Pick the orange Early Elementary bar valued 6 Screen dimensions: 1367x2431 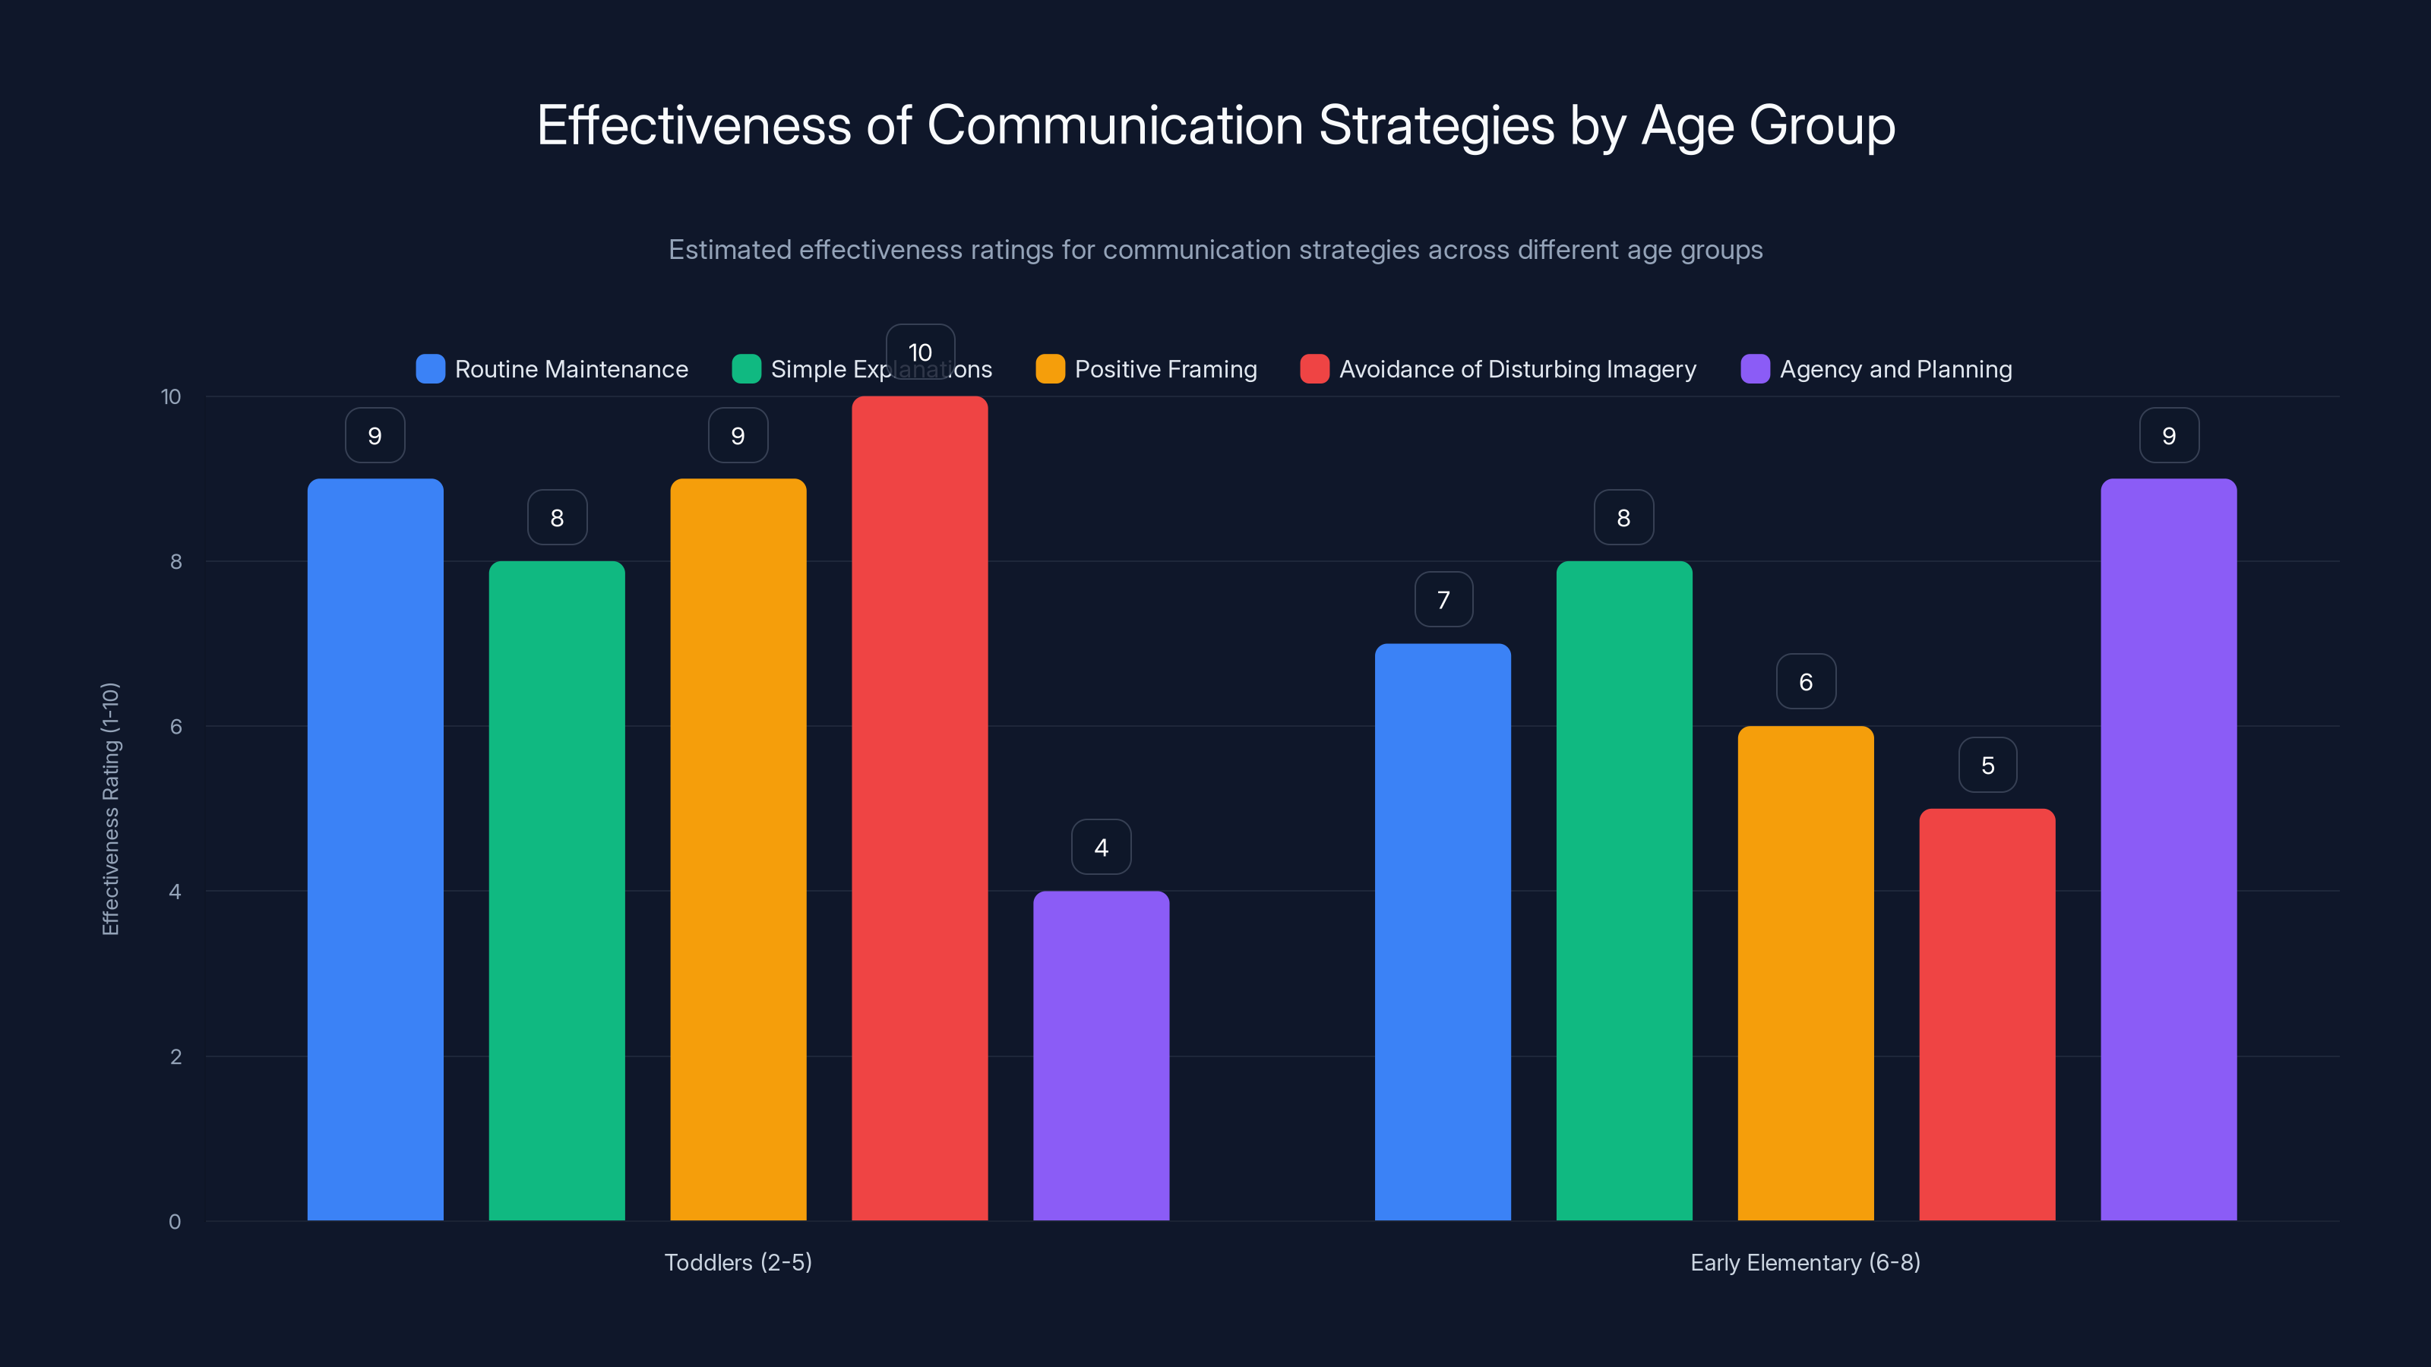click(x=1805, y=973)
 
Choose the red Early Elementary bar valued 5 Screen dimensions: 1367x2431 click(x=1987, y=1014)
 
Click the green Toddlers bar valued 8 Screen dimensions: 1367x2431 click(x=557, y=891)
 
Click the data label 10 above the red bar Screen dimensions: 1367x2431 click(x=919, y=352)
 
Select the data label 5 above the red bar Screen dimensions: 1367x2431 click(x=1987, y=765)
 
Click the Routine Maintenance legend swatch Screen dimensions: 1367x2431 click(x=430, y=369)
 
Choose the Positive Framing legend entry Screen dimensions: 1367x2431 click(x=1165, y=369)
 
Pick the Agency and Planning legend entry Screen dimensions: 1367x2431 click(x=1895, y=369)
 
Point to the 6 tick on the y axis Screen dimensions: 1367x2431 click(x=175, y=727)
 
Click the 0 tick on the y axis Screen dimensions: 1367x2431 click(x=175, y=1222)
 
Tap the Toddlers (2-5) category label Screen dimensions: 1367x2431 click(x=738, y=1262)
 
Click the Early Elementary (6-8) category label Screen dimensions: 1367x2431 click(x=1804, y=1262)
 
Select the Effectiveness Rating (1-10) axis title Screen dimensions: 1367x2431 click(x=110, y=809)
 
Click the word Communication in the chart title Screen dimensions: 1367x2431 click(x=1114, y=125)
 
